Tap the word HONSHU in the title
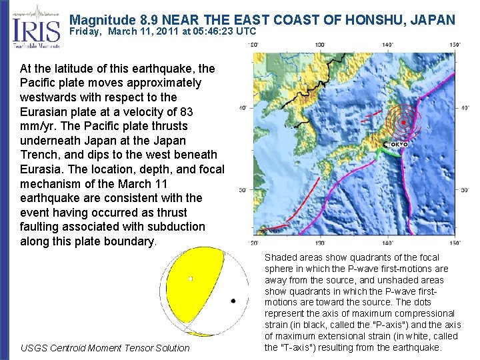tap(374, 20)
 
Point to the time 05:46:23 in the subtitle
tap(212, 31)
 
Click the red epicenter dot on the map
tap(403, 123)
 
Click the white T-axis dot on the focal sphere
tap(190, 279)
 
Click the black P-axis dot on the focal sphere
tap(233, 301)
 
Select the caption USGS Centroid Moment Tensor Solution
tap(105, 348)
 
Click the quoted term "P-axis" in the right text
tap(358, 325)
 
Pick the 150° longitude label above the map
tap(454, 44)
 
